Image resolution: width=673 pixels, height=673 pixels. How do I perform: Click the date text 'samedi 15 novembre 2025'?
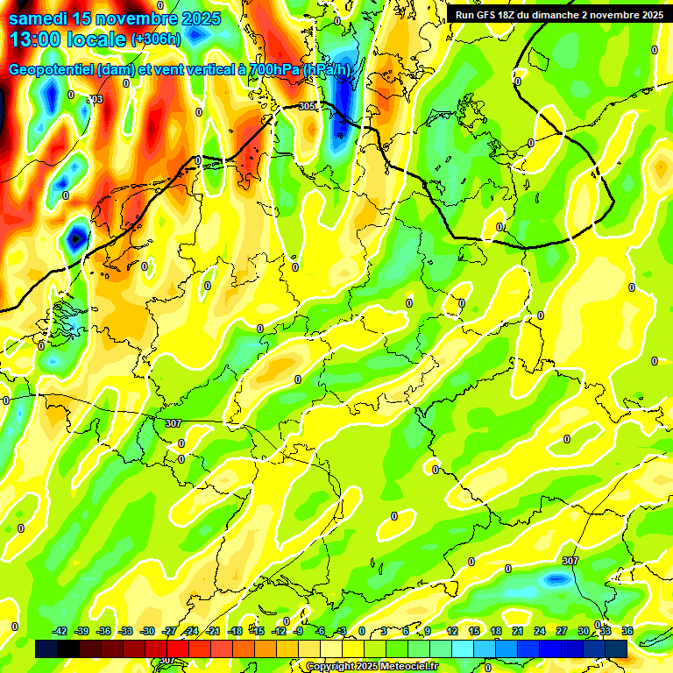tap(115, 18)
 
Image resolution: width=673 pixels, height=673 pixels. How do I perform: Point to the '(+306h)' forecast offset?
tap(156, 39)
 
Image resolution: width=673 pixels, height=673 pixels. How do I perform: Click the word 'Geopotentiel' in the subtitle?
tap(52, 70)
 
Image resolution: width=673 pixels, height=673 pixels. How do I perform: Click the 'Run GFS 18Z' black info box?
tap(558, 14)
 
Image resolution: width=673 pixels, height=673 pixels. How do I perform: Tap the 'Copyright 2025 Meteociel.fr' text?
tap(372, 666)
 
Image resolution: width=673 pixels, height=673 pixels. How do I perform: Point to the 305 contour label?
tap(306, 106)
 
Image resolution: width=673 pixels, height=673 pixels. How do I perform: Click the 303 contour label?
tap(96, 99)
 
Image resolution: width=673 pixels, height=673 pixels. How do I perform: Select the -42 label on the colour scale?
tap(60, 631)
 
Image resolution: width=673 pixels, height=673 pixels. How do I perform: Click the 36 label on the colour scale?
tap(627, 631)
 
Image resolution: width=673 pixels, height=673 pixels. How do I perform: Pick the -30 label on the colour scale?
tap(148, 631)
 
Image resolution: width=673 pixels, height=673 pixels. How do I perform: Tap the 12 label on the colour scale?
tap(452, 631)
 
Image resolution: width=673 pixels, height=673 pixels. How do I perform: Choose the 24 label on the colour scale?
tap(540, 631)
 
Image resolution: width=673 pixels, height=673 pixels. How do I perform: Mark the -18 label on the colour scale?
tap(235, 631)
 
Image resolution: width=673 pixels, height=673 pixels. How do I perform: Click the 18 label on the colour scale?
tap(496, 631)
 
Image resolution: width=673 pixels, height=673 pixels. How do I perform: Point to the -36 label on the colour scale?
tap(104, 631)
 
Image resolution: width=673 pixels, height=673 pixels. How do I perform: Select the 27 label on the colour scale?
tap(562, 631)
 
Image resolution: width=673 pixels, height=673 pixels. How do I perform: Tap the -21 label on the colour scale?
tap(213, 631)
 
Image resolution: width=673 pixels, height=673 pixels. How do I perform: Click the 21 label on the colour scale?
tap(518, 631)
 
